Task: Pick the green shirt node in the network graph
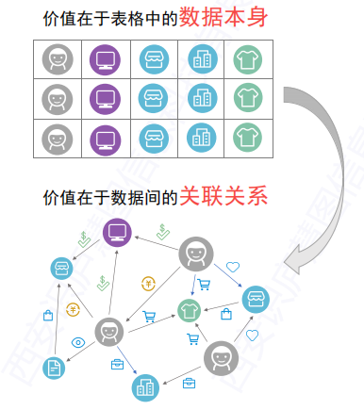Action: [x=191, y=309]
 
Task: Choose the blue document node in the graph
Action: [x=55, y=367]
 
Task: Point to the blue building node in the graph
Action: [x=144, y=385]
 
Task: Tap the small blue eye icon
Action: [x=77, y=342]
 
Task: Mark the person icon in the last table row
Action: [x=58, y=138]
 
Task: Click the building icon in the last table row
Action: [x=200, y=138]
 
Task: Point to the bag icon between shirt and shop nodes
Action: [x=225, y=312]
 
